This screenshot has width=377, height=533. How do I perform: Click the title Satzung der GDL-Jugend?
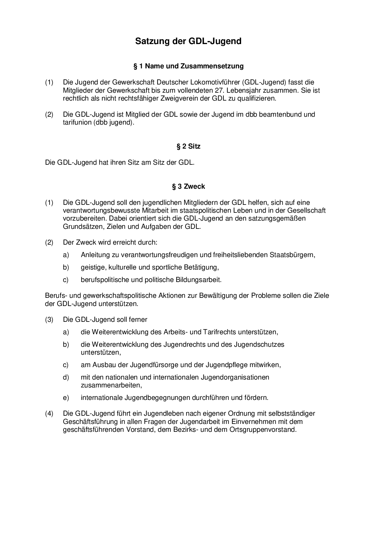(188, 41)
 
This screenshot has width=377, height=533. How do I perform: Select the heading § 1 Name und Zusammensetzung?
(188, 66)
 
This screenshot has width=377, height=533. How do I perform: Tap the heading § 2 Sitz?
(188, 146)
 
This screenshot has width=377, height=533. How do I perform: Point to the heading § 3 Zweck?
(188, 186)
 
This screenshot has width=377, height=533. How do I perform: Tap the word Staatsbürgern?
(292, 255)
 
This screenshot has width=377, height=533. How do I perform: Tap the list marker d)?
(66, 377)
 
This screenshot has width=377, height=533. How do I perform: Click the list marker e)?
(66, 397)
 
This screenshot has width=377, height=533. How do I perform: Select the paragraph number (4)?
(49, 414)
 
